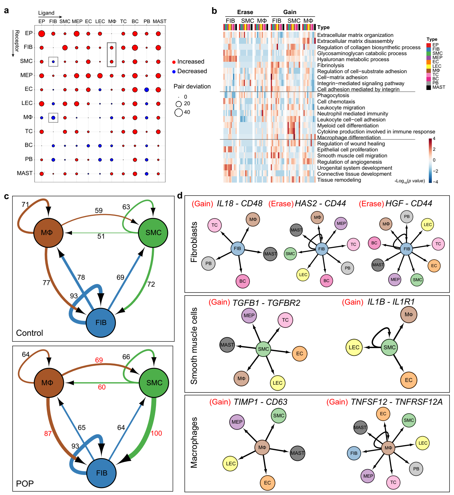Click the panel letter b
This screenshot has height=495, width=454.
coord(214,11)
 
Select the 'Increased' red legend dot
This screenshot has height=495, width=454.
coord(174,62)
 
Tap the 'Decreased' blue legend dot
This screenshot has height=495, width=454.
coord(174,72)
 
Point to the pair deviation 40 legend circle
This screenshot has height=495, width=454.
coord(179,112)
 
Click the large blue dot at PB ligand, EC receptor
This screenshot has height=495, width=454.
coord(147,90)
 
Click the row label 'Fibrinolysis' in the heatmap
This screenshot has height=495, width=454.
coord(330,65)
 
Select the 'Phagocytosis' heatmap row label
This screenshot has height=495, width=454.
coord(333,95)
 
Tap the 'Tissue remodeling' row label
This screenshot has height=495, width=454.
coord(339,180)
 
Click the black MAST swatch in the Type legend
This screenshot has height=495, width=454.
coord(429,88)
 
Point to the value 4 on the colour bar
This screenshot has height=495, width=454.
coord(434,139)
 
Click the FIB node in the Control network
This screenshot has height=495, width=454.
coord(101,323)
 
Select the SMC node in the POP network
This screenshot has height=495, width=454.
coord(154,383)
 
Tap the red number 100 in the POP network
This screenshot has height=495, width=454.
coord(156,433)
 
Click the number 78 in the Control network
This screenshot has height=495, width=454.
coord(81,277)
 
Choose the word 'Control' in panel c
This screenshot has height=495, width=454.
coord(29,333)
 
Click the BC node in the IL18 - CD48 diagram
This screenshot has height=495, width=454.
coord(243,281)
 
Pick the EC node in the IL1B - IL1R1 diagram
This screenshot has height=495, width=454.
coord(409,380)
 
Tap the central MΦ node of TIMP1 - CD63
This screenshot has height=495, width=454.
coord(262,448)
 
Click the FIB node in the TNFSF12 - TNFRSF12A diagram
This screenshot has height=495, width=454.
coord(354,453)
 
